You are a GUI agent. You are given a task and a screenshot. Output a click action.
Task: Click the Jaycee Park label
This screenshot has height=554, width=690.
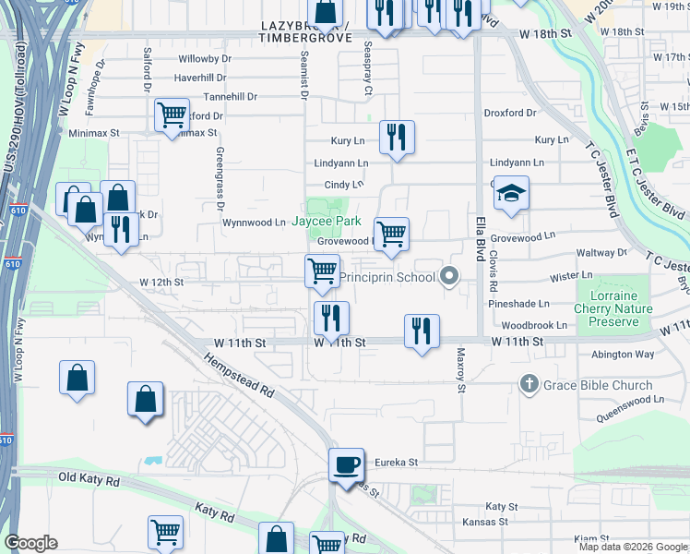click(326, 222)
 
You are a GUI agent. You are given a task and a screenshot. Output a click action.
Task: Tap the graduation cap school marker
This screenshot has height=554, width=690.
click(510, 194)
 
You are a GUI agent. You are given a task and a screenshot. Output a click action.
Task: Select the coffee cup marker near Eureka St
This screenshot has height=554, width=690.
click(347, 464)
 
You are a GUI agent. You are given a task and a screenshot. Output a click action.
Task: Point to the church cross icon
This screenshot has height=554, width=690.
click(529, 383)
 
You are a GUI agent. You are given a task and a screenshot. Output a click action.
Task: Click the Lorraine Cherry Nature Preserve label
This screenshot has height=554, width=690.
click(613, 309)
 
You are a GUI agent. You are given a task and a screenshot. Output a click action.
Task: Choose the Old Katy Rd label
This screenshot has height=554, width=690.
click(89, 480)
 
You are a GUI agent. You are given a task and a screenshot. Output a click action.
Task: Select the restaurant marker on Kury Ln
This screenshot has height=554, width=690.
click(397, 138)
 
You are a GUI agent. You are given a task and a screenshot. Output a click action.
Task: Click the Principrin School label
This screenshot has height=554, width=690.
click(387, 276)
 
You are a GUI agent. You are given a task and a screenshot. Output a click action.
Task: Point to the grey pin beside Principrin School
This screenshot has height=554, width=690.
click(449, 275)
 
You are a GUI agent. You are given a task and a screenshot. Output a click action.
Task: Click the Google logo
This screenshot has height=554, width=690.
click(30, 543)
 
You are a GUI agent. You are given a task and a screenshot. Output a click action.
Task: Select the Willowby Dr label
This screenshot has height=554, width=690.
click(203, 58)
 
